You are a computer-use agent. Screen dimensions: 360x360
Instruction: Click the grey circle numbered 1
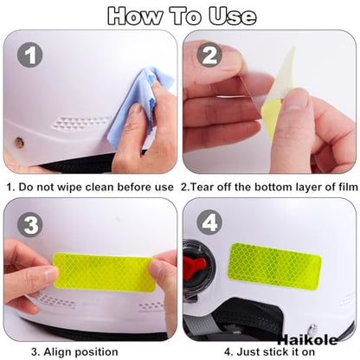pos(30,55)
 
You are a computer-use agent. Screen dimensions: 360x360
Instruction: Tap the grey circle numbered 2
pos(209,55)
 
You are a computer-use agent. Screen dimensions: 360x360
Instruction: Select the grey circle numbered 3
pos(30,225)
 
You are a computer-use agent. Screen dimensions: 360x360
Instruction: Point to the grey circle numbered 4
pos(209,222)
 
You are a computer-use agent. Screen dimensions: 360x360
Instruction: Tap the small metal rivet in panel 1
pos(19,142)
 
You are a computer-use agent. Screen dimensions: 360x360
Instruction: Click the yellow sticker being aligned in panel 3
pos(105,272)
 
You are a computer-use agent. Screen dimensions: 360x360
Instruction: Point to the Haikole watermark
pos(307,340)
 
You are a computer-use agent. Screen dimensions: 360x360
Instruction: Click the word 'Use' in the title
pos(233,16)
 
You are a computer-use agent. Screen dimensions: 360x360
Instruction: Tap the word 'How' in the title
pos(135,16)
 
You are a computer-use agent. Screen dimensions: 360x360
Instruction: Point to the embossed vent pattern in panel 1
pos(81,124)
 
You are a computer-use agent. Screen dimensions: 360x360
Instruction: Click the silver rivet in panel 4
pos(312,330)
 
